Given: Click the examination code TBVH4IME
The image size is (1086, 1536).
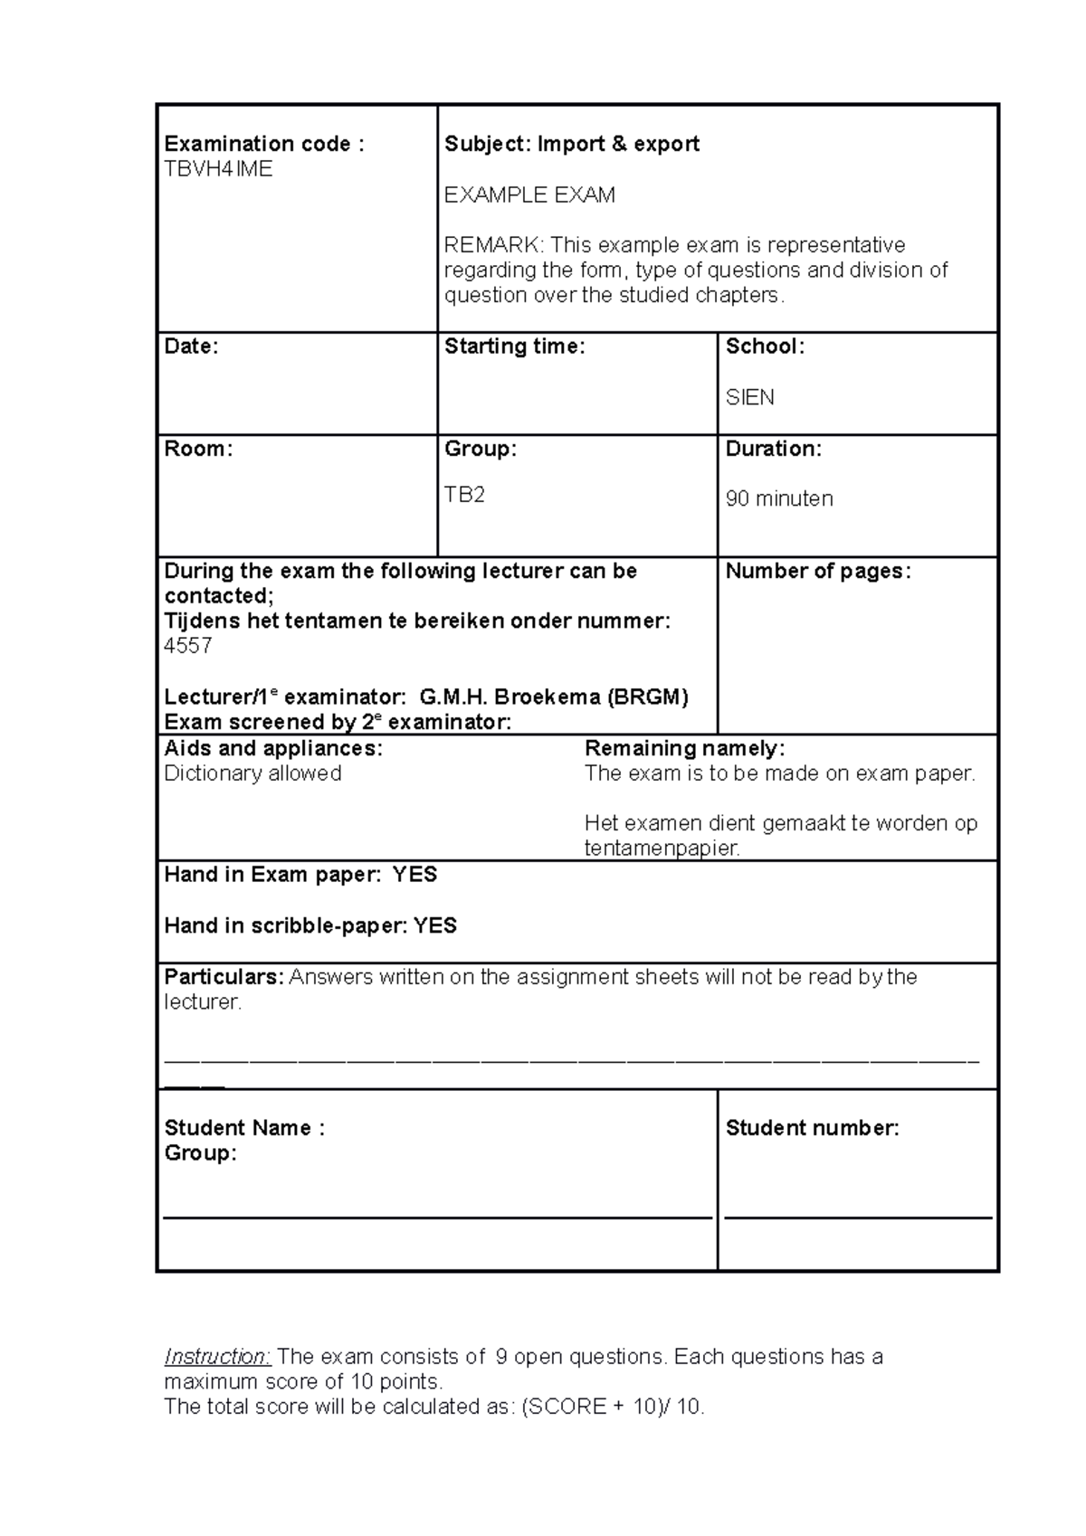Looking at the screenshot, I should point(218,169).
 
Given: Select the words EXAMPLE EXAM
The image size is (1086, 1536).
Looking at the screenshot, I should point(529,195).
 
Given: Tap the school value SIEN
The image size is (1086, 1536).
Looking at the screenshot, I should point(749,398).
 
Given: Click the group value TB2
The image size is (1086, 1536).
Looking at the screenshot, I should point(464,495).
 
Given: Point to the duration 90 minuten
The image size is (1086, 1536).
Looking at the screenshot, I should point(779,499).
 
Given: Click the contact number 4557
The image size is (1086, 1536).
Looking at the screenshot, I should point(188,646).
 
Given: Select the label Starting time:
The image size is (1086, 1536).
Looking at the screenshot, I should point(514,346).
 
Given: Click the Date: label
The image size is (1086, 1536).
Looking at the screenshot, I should point(191,346).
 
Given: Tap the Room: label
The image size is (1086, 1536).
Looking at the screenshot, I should point(198,450).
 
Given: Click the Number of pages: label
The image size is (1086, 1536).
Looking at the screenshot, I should point(818,572).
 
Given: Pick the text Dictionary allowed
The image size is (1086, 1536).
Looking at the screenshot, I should point(252,774).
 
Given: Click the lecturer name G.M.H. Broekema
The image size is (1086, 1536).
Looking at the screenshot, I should point(510,697).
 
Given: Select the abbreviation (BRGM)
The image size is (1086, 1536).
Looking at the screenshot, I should point(647,697).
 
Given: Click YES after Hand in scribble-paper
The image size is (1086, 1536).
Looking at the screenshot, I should point(435,926).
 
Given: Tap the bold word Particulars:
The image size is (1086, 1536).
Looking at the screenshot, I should point(224,978).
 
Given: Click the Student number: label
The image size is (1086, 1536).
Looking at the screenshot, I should point(812,1128).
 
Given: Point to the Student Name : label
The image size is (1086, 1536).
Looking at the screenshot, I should point(243,1128).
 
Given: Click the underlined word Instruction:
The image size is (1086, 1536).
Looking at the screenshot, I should point(217,1357).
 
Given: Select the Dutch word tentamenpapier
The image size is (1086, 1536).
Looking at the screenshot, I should point(662,849).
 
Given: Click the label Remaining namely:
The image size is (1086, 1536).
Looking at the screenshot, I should point(684,749).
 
